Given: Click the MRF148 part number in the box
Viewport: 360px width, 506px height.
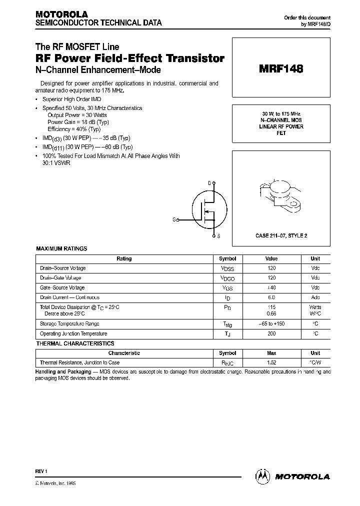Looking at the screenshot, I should pyautogui.click(x=280, y=70).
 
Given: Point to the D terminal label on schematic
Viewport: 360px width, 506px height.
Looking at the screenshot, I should pyautogui.click(x=209, y=183).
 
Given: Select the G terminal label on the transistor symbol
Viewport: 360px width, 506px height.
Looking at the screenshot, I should pyautogui.click(x=174, y=219).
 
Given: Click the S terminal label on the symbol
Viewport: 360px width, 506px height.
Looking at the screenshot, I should pyautogui.click(x=218, y=235).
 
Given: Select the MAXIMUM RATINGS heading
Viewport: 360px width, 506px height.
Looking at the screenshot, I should pyautogui.click(x=61, y=248).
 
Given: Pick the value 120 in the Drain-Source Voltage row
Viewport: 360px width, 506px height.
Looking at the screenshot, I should pyautogui.click(x=271, y=268).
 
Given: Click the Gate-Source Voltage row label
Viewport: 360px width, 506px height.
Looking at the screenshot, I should pyautogui.click(x=62, y=287).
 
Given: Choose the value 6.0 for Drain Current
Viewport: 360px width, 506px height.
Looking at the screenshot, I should pyautogui.click(x=271, y=297).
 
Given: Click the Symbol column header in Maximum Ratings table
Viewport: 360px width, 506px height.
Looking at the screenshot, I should pyautogui.click(x=227, y=259).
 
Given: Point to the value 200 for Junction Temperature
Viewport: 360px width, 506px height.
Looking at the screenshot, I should pyautogui.click(x=271, y=333).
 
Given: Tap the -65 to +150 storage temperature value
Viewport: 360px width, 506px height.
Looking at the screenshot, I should pyautogui.click(x=271, y=324).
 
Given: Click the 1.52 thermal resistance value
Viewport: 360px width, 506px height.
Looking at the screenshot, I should pyautogui.click(x=271, y=362).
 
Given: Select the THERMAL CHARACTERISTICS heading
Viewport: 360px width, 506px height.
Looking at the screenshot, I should pyautogui.click(x=75, y=343).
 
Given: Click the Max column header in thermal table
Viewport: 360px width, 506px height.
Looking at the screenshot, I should pyautogui.click(x=271, y=353).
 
